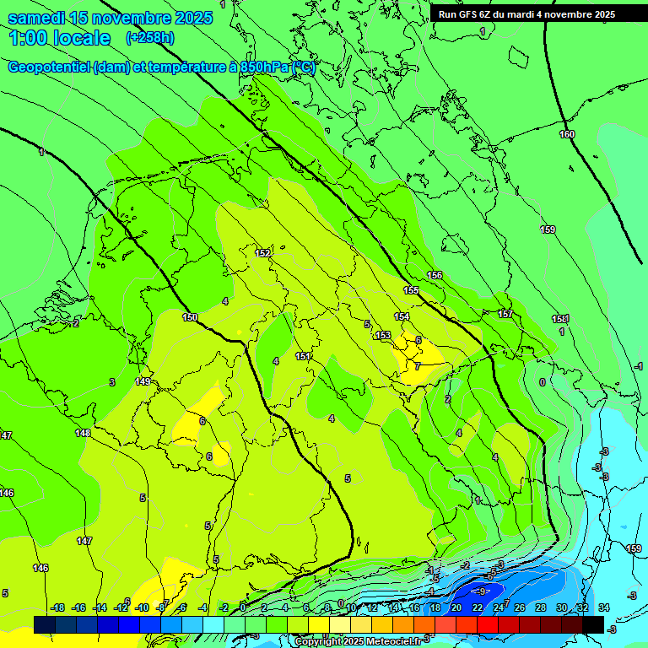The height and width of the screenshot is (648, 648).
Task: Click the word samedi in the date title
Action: [36, 18]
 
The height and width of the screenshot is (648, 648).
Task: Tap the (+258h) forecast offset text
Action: [150, 38]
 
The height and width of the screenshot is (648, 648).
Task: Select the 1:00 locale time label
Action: [59, 38]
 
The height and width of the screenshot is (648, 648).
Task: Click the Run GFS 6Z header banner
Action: [526, 14]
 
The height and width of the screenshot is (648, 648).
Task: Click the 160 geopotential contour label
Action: [567, 135]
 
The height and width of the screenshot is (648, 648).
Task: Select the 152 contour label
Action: [263, 253]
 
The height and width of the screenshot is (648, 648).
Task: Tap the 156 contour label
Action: [435, 276]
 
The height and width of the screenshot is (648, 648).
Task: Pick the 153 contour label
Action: [383, 336]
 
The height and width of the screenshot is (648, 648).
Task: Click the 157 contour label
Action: [505, 315]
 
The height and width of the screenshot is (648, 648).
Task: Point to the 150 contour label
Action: [190, 318]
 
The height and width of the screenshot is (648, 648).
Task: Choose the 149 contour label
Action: [143, 382]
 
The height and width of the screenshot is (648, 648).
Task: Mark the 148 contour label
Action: [83, 433]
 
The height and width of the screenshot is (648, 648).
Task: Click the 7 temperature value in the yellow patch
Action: [417, 366]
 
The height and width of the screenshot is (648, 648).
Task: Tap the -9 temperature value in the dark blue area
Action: [483, 591]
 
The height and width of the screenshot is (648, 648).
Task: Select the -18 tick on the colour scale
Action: [57, 608]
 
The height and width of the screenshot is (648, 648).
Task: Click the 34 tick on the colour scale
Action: [603, 608]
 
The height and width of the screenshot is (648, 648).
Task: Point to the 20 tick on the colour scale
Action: [456, 608]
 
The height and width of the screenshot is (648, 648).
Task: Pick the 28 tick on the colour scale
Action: [540, 608]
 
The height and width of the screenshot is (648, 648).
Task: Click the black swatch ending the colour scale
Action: [593, 624]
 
